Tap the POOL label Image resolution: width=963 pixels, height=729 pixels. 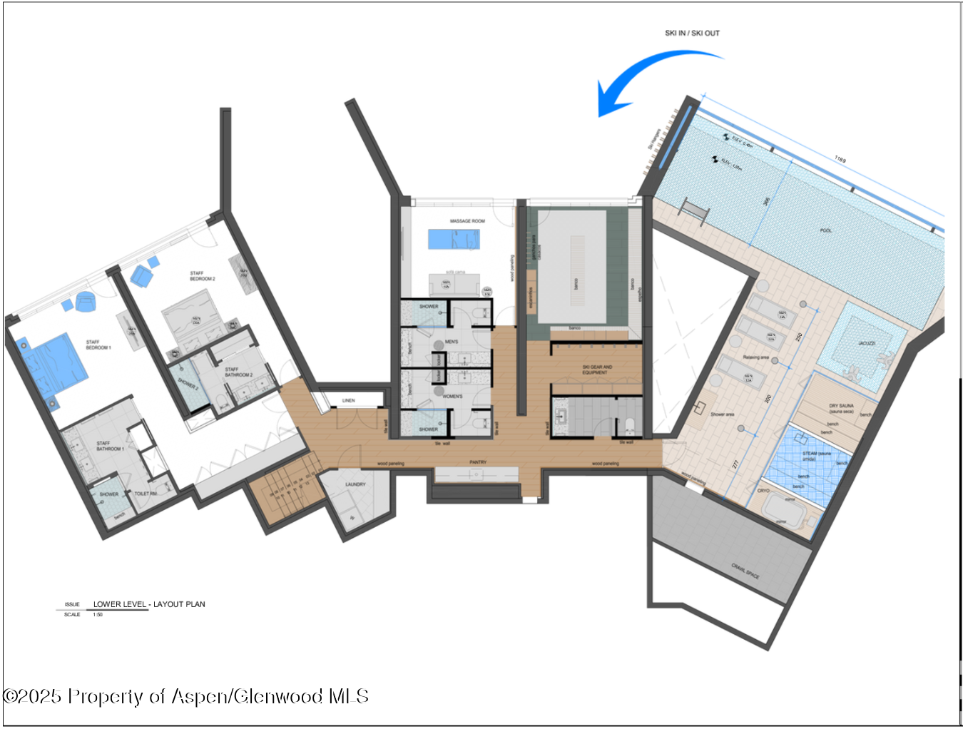click(x=825, y=230)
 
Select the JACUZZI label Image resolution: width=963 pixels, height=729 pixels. click(x=866, y=343)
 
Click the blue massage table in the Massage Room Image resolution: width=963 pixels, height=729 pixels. click(x=453, y=239)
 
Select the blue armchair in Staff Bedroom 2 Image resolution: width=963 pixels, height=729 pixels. click(x=141, y=277)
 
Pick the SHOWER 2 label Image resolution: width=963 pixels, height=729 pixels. click(x=188, y=384)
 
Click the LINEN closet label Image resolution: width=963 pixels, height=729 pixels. click(x=348, y=400)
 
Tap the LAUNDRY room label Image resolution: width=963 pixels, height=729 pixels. click(x=355, y=484)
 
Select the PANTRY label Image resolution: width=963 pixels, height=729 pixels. click(x=478, y=462)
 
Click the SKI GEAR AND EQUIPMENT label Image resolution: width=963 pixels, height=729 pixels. click(x=596, y=369)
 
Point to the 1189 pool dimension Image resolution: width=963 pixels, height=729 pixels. click(x=840, y=160)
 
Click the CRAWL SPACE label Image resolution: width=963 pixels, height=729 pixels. click(x=745, y=571)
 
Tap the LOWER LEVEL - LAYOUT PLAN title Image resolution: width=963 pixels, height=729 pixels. click(x=149, y=604)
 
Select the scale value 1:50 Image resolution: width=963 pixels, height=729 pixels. click(x=98, y=614)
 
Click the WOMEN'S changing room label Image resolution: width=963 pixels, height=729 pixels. click(x=452, y=396)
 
